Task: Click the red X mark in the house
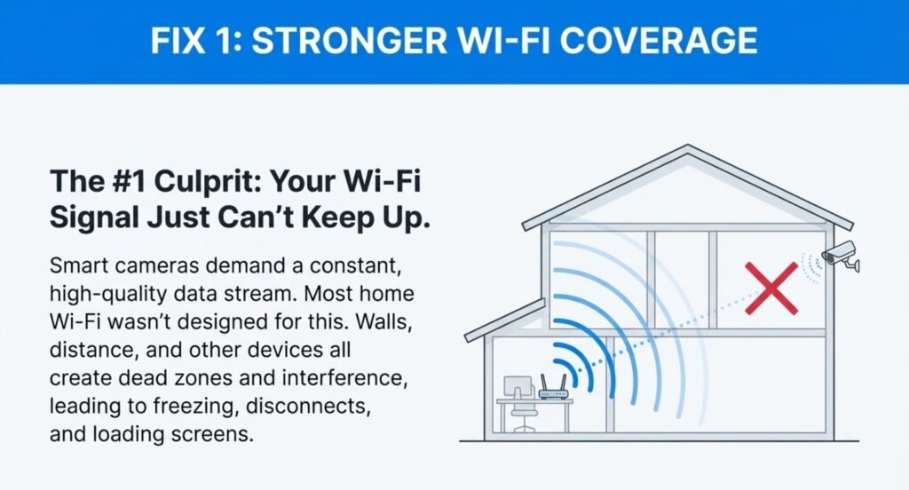click(x=771, y=288)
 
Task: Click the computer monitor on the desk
click(x=518, y=388)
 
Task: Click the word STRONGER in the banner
click(x=350, y=41)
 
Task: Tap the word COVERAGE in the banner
click(x=659, y=41)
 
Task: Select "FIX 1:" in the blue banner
click(x=196, y=41)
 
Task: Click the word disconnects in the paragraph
click(x=308, y=406)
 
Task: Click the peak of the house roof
click(x=688, y=146)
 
